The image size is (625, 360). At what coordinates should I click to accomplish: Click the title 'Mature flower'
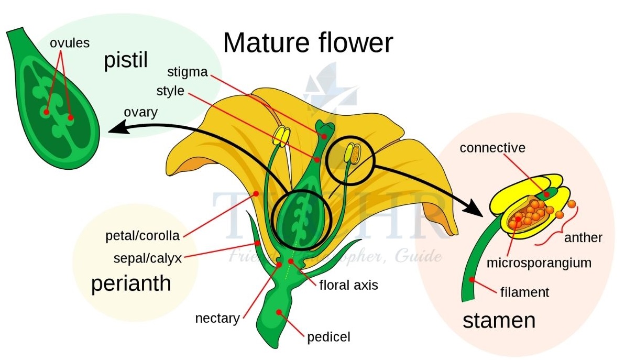click(308, 43)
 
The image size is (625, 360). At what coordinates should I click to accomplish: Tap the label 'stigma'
click(188, 71)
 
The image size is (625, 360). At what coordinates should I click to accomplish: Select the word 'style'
click(170, 91)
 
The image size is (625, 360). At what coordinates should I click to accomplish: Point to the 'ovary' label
click(140, 113)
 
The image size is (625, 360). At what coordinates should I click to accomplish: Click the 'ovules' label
click(70, 42)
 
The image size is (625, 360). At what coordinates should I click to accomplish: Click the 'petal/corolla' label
click(142, 236)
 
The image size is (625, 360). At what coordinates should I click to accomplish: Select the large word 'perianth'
click(131, 283)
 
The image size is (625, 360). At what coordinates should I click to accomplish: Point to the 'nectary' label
click(217, 318)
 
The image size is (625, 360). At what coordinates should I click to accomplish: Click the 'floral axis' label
click(348, 286)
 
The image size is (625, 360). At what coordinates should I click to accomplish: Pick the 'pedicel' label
click(328, 336)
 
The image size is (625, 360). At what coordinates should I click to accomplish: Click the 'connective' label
click(492, 148)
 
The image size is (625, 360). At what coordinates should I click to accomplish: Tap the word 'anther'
click(583, 237)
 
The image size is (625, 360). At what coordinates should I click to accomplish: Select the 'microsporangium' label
click(539, 262)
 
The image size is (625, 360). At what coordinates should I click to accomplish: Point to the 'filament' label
click(524, 291)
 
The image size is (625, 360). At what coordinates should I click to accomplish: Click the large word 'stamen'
click(499, 320)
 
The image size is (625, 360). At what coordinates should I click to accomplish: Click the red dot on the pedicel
click(279, 312)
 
